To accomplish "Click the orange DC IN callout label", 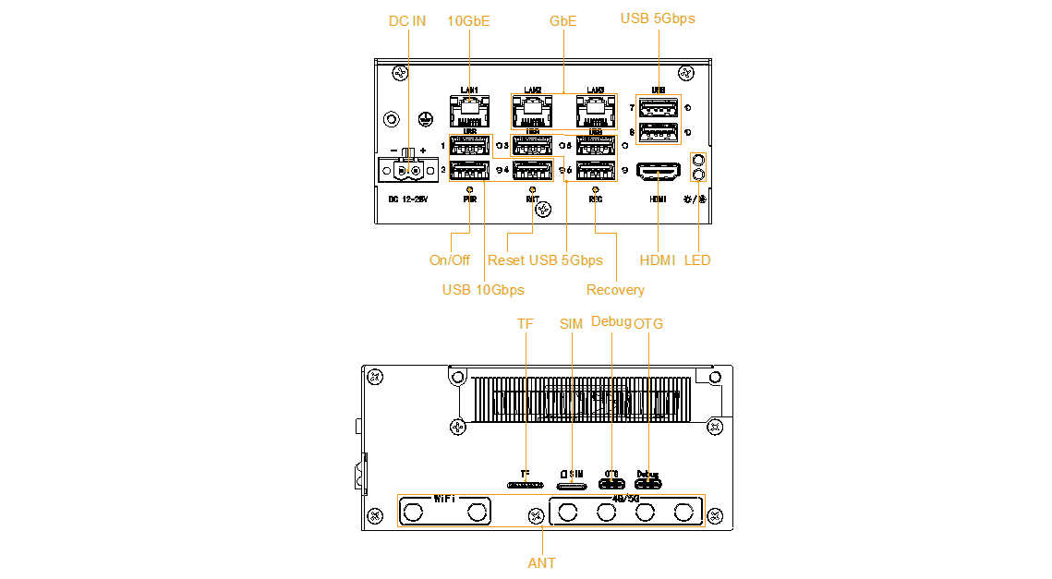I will [x=406, y=21].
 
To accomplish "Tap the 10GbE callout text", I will [x=469, y=21].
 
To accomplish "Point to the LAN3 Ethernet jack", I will [x=596, y=112].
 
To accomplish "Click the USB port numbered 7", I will [x=658, y=108].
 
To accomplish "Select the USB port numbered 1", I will [x=469, y=146].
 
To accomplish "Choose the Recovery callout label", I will [x=615, y=290].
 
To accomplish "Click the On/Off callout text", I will [x=450, y=260].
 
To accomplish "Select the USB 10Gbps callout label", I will [x=483, y=290].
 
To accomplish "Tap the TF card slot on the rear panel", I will [x=525, y=485].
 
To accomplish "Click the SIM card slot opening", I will [x=572, y=485].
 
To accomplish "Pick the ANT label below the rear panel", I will [x=542, y=562].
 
